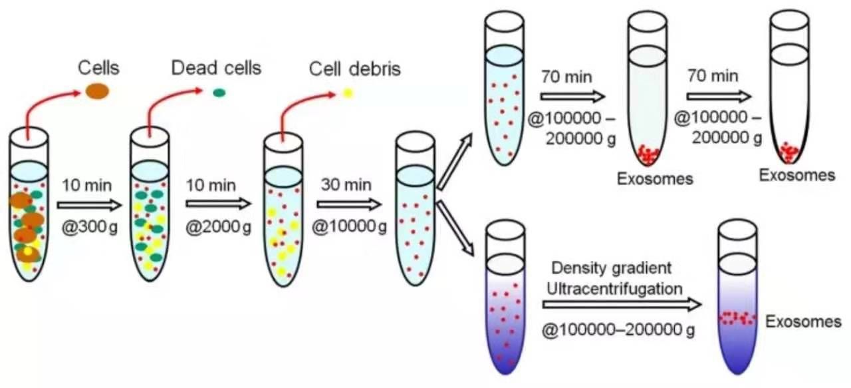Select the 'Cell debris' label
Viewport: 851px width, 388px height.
pos(355,69)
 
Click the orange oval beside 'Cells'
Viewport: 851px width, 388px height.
pos(96,92)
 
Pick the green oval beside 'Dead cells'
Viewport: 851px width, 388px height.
pos(219,93)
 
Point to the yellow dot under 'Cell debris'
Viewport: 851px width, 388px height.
pos(347,93)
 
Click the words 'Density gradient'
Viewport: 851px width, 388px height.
pos(612,268)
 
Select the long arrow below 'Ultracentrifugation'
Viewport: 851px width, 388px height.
pos(622,305)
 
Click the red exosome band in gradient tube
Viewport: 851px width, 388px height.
pos(737,317)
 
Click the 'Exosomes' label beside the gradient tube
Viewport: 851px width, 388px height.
pos(803,322)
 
